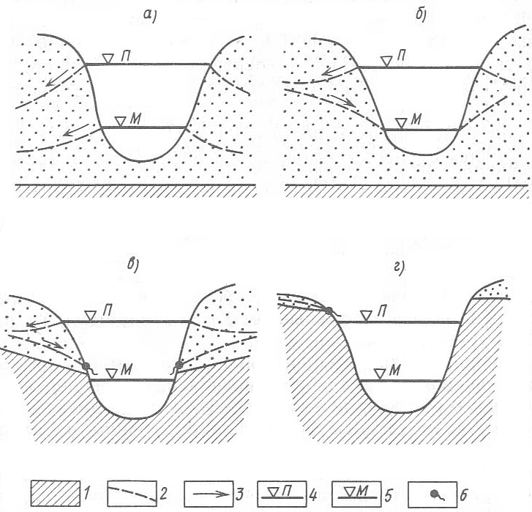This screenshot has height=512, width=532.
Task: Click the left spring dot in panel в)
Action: pyautogui.click(x=86, y=366)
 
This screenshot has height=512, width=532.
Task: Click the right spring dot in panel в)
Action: pyautogui.click(x=179, y=365)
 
